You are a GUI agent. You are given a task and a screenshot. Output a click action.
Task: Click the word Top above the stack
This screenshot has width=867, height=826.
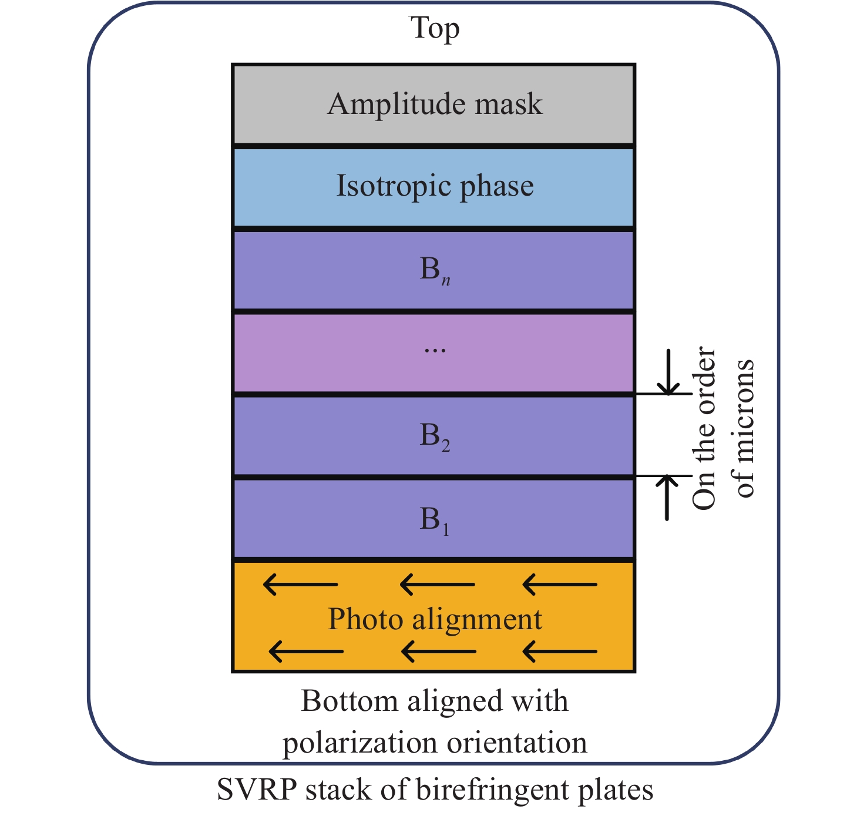pos(434,28)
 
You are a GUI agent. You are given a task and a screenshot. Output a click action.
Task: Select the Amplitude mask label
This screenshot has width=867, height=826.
pos(435,105)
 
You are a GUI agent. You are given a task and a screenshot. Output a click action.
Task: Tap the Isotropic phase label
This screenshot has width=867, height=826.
pos(435,186)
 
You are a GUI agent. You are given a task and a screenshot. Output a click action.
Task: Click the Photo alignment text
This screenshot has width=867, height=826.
pos(435,619)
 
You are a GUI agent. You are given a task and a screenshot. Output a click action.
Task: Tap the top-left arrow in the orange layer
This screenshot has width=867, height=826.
pos(300,585)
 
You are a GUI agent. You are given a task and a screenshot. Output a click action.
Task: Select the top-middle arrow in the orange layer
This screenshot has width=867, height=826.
pos(437,585)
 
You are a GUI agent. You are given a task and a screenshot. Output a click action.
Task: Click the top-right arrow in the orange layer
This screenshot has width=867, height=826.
pos(560,585)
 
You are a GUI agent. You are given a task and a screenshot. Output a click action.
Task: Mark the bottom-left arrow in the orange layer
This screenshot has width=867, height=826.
pos(305,651)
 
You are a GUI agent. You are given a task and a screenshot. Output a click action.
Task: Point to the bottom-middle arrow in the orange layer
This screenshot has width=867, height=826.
pos(439,651)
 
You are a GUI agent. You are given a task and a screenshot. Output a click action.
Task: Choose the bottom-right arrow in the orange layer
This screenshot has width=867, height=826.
pos(560,651)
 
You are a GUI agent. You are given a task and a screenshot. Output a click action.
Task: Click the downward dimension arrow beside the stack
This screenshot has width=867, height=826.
pos(668,372)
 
